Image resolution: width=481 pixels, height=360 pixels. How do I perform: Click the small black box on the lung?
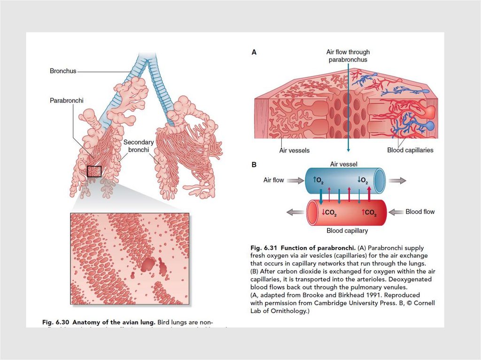94,171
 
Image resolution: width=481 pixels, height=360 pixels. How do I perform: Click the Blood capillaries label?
410,150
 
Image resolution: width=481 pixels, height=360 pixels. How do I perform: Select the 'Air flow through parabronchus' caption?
348,56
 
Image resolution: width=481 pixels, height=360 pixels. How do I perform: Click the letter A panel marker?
254,53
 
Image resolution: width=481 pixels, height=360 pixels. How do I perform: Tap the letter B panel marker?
254,165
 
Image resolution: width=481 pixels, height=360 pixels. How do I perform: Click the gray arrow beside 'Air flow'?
295,180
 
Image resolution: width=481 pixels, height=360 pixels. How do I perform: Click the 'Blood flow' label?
420,212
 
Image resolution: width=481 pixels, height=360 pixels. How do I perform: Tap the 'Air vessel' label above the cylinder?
344,164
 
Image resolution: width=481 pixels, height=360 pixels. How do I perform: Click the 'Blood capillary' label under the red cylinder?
347,231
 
